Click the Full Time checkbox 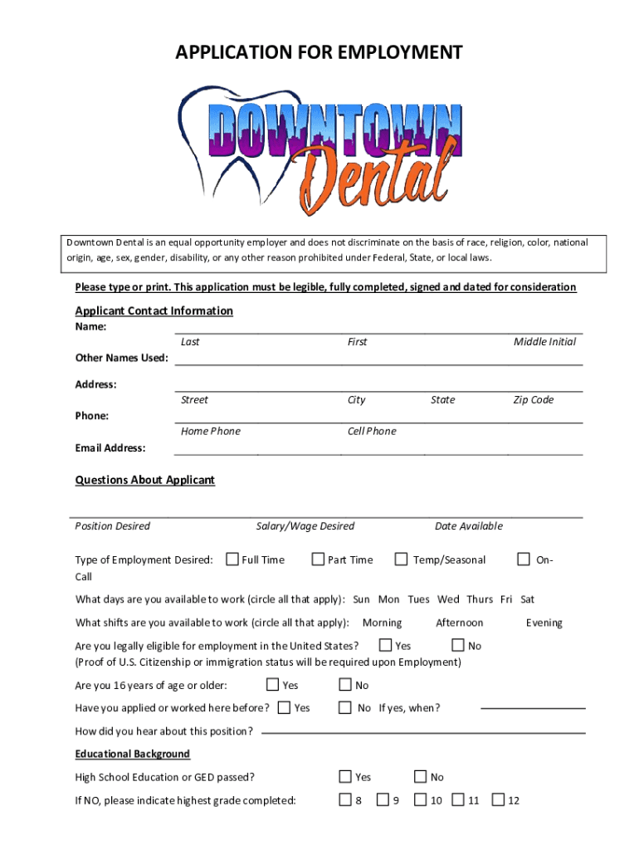(232, 559)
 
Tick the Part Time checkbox (318, 559)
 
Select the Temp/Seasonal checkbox (402, 559)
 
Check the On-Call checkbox (524, 559)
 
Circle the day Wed (448, 599)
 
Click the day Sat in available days (527, 599)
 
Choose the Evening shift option (544, 623)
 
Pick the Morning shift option (383, 623)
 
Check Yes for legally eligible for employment (386, 645)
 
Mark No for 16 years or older (345, 685)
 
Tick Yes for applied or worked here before (285, 707)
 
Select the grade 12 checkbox (498, 800)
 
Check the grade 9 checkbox (383, 800)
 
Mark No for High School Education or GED (421, 777)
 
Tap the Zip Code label (534, 400)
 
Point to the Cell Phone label (372, 432)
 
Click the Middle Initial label (544, 342)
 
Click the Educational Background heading (133, 754)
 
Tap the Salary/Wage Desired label (305, 526)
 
